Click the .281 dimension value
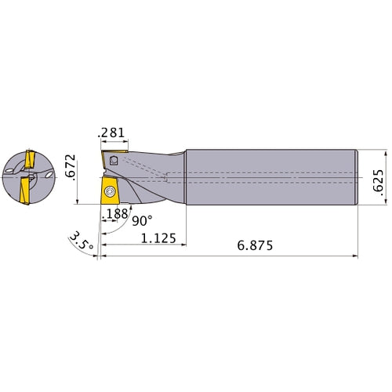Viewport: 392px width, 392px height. (x=111, y=133)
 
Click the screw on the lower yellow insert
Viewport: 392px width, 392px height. (x=110, y=191)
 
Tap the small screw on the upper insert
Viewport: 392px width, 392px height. (x=114, y=161)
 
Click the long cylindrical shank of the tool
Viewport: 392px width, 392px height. (x=270, y=176)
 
